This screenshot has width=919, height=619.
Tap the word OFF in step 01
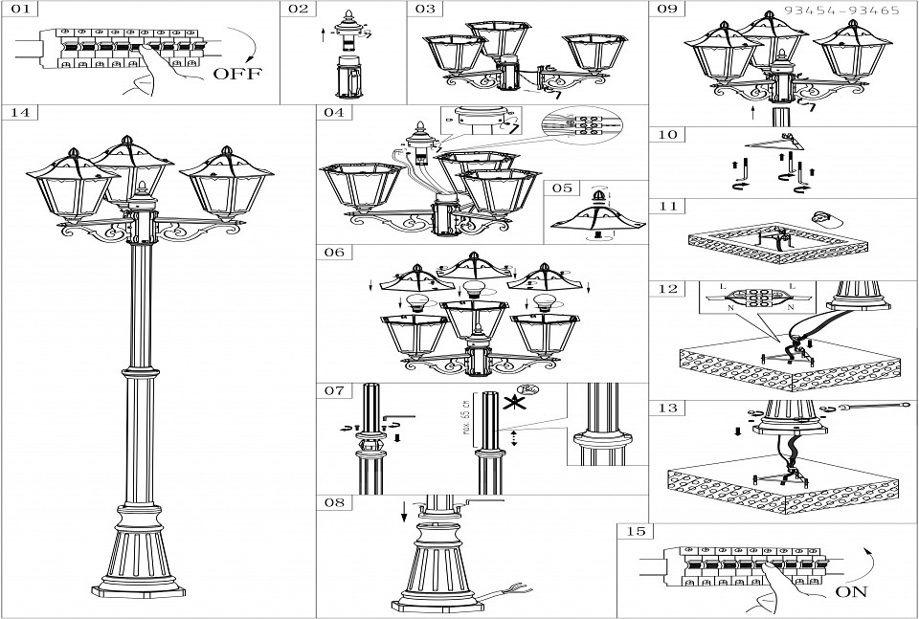click(x=236, y=74)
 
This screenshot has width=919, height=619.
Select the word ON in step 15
click(x=852, y=591)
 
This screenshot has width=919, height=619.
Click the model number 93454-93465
click(x=841, y=11)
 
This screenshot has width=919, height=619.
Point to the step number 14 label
click(x=20, y=113)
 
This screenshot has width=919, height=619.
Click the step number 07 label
click(x=333, y=391)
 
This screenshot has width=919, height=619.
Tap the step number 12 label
click(x=668, y=288)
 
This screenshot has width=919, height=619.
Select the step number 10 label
click(x=668, y=135)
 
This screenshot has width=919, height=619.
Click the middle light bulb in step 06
click(x=471, y=289)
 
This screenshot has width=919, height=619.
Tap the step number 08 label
click(x=333, y=502)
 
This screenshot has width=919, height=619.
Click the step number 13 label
click(x=668, y=409)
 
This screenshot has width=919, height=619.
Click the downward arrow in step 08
click(x=405, y=510)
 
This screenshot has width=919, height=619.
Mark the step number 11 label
click(x=668, y=206)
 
